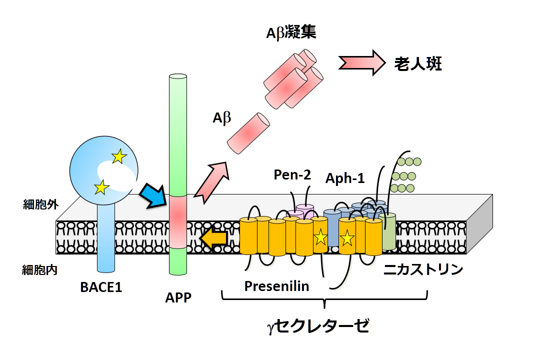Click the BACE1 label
pyautogui.click(x=101, y=288)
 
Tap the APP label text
pyautogui.click(x=178, y=298)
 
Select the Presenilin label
pyautogui.click(x=276, y=286)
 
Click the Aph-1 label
pyautogui.click(x=345, y=178)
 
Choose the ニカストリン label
pyautogui.click(x=423, y=270)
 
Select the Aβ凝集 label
pyautogui.click(x=291, y=33)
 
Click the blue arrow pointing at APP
pyautogui.click(x=151, y=195)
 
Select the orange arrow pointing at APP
pyautogui.click(x=214, y=239)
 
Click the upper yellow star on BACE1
pyautogui.click(x=118, y=157)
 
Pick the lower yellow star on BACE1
pyautogui.click(x=102, y=187)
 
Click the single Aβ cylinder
pyautogui.click(x=248, y=131)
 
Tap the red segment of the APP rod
pyautogui.click(x=178, y=221)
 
